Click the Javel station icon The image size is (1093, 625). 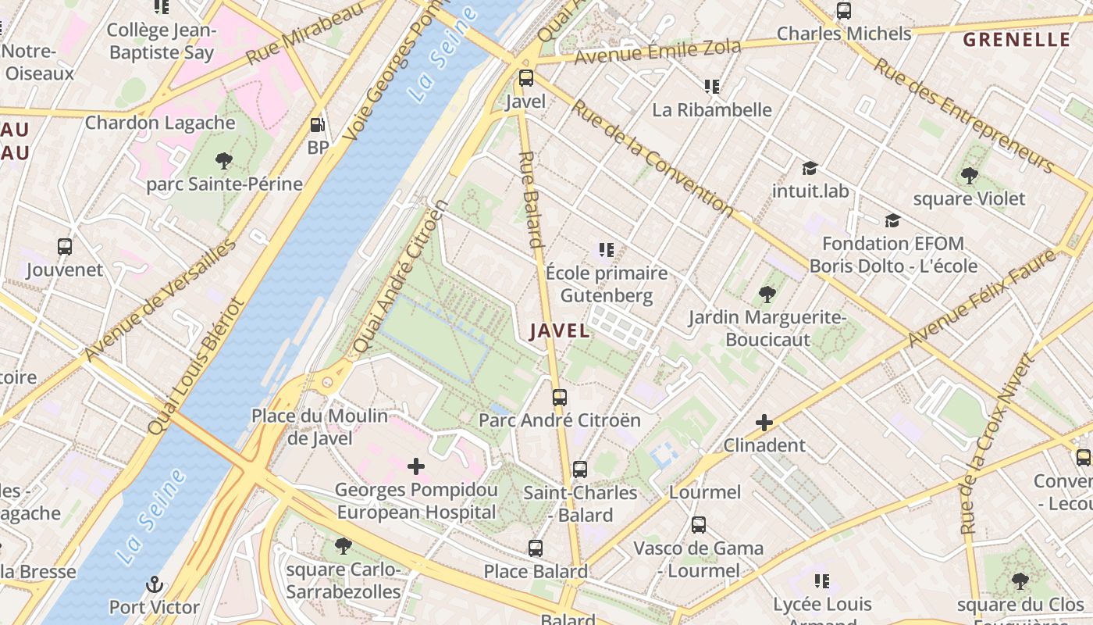click(526, 78)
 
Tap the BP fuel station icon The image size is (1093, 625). click(317, 125)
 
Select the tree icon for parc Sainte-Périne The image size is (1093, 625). click(224, 162)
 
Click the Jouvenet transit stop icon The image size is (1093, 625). click(65, 248)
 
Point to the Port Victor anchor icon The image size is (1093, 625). click(155, 584)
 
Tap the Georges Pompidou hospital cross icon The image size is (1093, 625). click(416, 467)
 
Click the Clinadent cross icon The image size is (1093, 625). click(764, 423)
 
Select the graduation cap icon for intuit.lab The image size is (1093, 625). click(810, 169)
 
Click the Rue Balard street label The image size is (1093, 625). click(532, 199)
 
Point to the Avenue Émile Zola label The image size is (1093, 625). click(657, 52)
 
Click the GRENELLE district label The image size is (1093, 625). click(1016, 40)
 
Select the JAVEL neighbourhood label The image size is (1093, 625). click(560, 330)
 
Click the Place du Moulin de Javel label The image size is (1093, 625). click(319, 427)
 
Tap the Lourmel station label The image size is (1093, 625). click(705, 492)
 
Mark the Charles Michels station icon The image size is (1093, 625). click(843, 11)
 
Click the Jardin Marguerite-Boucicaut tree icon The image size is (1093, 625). click(767, 295)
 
